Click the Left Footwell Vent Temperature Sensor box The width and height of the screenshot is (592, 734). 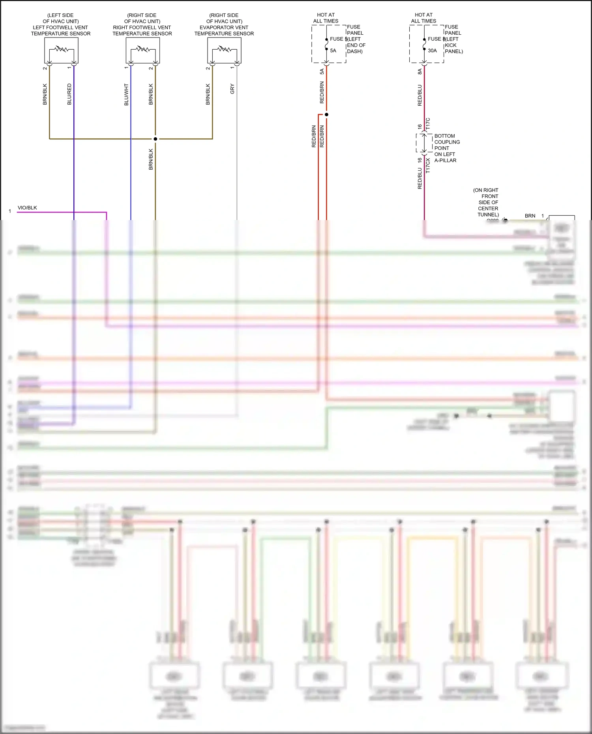61,50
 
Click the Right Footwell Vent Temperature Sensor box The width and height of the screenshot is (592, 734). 142,50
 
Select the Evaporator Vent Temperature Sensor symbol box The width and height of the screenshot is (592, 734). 224,50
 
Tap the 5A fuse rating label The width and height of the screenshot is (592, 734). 333,50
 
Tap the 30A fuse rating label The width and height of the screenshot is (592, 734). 432,50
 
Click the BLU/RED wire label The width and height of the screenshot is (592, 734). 69,94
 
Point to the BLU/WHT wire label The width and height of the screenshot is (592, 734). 126,94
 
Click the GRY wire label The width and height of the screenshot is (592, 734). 232,89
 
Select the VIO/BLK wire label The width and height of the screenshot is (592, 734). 27,207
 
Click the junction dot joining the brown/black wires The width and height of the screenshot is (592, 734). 155,139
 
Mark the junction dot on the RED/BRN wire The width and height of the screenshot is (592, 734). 326,114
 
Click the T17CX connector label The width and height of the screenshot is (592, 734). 428,166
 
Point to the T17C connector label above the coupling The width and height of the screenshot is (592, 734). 428,123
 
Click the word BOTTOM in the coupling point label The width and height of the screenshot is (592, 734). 444,136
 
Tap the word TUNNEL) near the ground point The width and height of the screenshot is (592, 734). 488,215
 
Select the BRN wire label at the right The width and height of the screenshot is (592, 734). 530,216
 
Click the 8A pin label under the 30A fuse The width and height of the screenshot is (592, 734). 420,71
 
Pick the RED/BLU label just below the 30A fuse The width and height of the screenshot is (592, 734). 420,95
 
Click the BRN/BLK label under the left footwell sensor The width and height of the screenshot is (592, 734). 45,94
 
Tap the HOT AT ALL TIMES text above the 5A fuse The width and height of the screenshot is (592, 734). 326,18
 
